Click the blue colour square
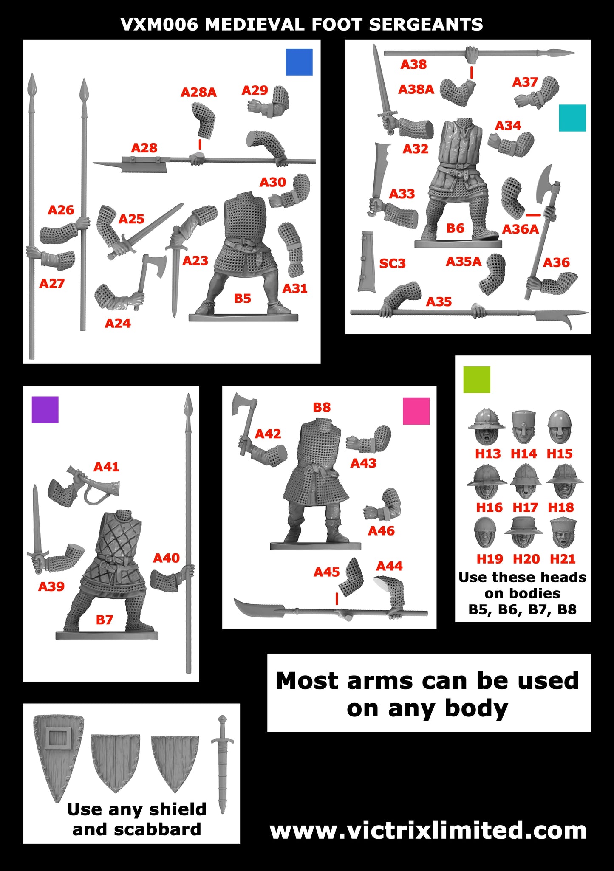[299, 62]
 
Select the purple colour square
[45, 409]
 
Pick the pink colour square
[416, 411]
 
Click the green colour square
[477, 379]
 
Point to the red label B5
[242, 299]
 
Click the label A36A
[520, 229]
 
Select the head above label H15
[560, 427]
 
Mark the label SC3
[392, 264]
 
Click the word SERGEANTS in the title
[426, 25]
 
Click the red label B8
[322, 407]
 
